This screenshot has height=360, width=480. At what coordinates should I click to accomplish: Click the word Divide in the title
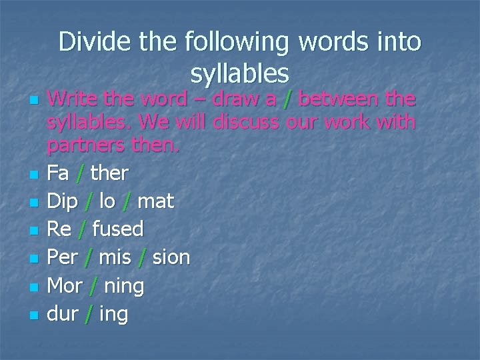point(93,43)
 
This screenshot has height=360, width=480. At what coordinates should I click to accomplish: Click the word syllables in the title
point(239,72)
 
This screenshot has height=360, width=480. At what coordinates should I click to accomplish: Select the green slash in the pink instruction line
point(287,100)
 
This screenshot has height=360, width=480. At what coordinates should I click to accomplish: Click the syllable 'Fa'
point(59,173)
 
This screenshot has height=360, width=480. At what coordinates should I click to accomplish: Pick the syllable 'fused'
point(118,229)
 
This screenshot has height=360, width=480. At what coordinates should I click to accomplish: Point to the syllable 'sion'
point(171,257)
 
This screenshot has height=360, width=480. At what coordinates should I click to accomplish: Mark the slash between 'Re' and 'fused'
point(81,229)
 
